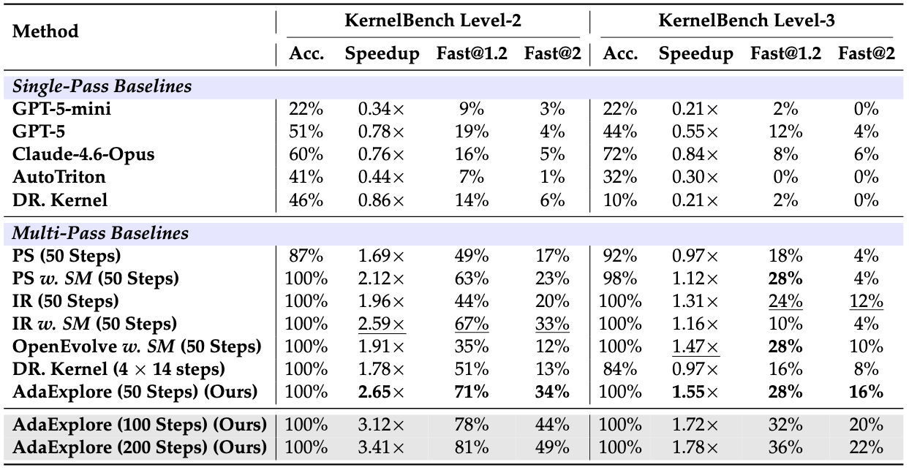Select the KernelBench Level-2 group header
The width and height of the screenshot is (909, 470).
tap(433, 20)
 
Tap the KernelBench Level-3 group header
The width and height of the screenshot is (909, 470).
tap(747, 20)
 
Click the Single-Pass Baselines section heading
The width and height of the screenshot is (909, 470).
tap(102, 86)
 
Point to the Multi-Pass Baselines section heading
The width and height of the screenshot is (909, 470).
tap(100, 233)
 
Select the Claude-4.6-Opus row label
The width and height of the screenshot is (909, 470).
tap(83, 154)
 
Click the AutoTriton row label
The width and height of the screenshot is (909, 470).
tap(59, 176)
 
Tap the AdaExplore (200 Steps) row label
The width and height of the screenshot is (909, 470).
tap(139, 446)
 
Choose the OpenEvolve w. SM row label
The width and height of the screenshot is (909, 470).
tap(137, 346)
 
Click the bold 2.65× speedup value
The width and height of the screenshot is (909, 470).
tap(380, 391)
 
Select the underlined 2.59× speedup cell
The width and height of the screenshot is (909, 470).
tap(380, 323)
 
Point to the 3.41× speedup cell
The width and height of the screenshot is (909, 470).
tap(380, 446)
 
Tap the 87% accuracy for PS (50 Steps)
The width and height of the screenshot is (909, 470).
tap(306, 256)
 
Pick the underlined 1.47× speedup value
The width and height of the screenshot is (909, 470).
tap(695, 346)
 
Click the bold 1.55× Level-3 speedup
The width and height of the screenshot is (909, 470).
tap(695, 391)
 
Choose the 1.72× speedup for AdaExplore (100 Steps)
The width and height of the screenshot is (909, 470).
tap(695, 424)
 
